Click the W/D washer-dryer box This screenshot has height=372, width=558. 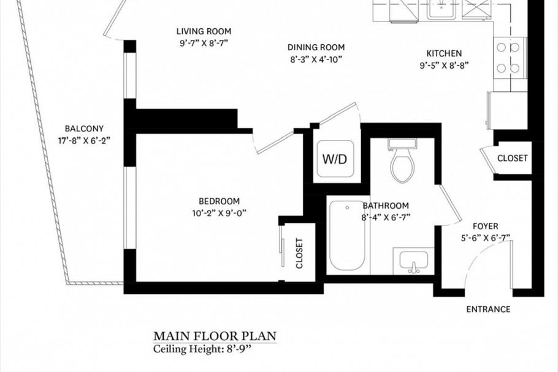coord(335,160)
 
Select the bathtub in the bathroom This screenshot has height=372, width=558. coord(346,237)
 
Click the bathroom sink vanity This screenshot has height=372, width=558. coord(413,261)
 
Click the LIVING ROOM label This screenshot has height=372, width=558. coord(204,31)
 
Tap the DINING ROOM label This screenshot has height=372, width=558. coord(316,47)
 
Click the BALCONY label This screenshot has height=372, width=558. coord(84,129)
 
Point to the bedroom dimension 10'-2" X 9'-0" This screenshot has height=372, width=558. coord(219,213)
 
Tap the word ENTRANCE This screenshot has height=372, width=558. coord(488,309)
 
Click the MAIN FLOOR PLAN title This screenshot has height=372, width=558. coord(214,336)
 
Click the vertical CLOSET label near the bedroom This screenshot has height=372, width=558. coord(300,253)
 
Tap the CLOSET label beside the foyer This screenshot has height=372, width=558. coord(512,158)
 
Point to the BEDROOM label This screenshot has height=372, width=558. coord(219,201)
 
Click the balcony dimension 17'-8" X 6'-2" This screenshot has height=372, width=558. coord(84,140)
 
